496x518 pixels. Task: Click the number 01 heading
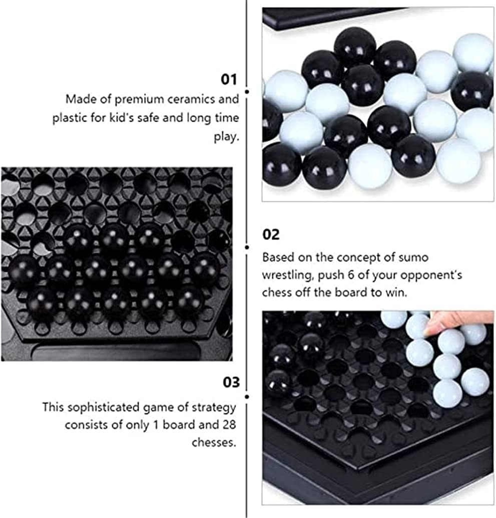pos(229,80)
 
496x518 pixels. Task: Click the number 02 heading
pos(271,234)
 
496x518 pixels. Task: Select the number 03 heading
pos(231,382)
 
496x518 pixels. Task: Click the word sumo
pos(413,257)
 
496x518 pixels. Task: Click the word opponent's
pos(433,276)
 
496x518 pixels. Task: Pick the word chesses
pos(214,442)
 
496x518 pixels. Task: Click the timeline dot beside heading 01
pos(247,92)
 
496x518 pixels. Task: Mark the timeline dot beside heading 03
pos(247,397)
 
